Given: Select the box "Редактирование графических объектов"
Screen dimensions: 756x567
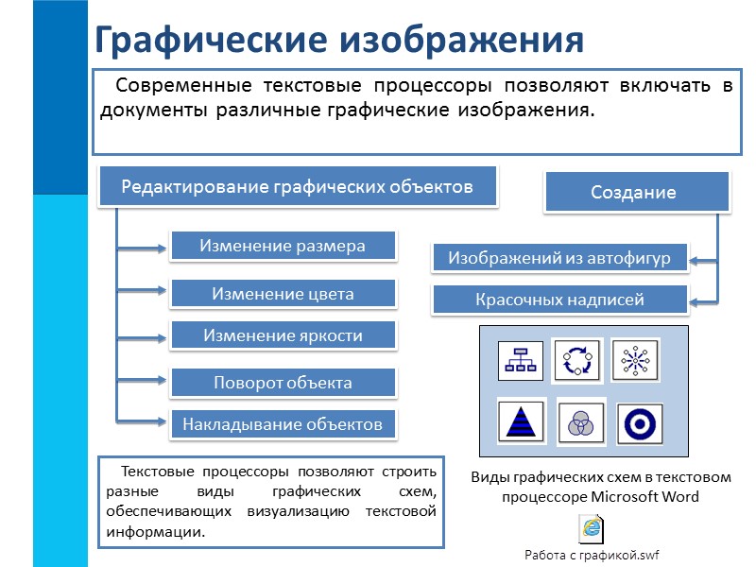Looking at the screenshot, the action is [297, 186].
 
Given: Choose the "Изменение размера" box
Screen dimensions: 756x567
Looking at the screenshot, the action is [283, 247].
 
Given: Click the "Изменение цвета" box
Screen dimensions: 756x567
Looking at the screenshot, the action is [283, 294].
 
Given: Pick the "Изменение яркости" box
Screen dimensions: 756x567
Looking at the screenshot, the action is [283, 335].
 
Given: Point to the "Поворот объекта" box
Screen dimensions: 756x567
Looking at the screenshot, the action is [283, 383].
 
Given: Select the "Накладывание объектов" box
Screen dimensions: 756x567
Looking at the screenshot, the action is [283, 424].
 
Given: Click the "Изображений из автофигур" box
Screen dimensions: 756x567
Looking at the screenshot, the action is [559, 257].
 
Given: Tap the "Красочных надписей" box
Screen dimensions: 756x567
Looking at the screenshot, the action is [559, 301].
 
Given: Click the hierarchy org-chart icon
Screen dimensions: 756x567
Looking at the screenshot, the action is [520, 361].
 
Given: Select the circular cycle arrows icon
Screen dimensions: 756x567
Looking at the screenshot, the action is [576, 360].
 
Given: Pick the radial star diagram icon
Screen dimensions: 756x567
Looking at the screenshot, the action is [633, 360].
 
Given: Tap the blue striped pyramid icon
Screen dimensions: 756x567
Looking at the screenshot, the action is [520, 421].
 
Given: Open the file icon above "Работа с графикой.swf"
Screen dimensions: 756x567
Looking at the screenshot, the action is [592, 527].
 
